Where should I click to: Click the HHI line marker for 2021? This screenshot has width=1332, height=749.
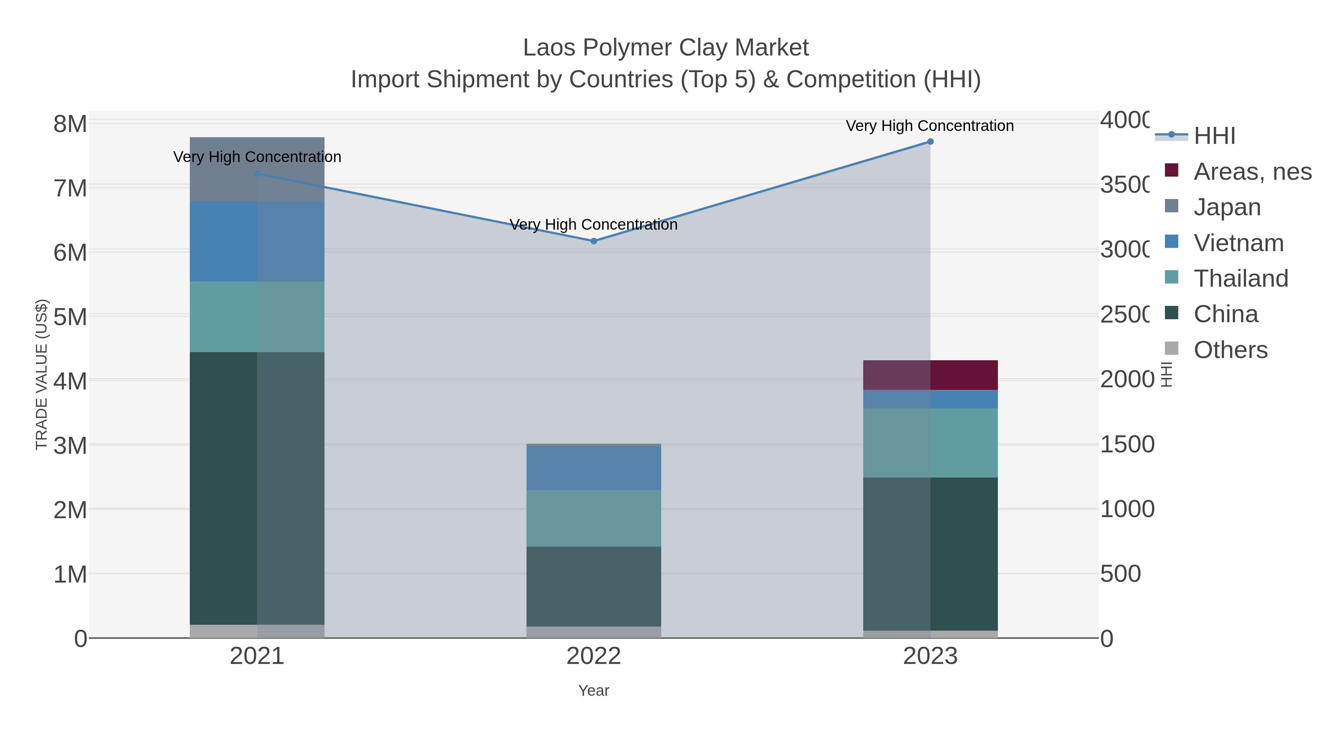(x=257, y=174)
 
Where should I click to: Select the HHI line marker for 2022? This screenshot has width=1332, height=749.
(x=593, y=241)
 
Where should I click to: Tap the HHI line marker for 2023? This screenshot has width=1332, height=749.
(x=930, y=142)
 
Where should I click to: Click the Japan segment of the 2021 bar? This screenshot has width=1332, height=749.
(x=257, y=169)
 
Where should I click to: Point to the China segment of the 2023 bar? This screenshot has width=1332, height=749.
(x=930, y=554)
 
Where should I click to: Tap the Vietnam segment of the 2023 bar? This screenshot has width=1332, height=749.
(x=930, y=399)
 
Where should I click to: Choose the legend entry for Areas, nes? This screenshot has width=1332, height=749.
(x=1252, y=172)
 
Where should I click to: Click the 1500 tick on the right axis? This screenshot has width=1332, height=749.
(x=1127, y=444)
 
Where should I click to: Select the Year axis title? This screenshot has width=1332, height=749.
(x=593, y=691)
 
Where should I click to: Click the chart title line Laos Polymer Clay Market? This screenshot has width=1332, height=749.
(x=666, y=48)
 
